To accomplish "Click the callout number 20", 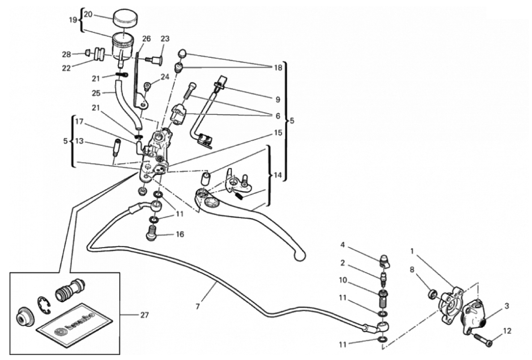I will (x=88, y=14).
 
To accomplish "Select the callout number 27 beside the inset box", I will (x=144, y=315).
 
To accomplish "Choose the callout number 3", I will (x=506, y=306).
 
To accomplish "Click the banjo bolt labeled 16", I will (x=152, y=233).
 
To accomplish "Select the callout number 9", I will (x=278, y=99).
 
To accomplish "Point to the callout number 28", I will (x=67, y=54).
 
